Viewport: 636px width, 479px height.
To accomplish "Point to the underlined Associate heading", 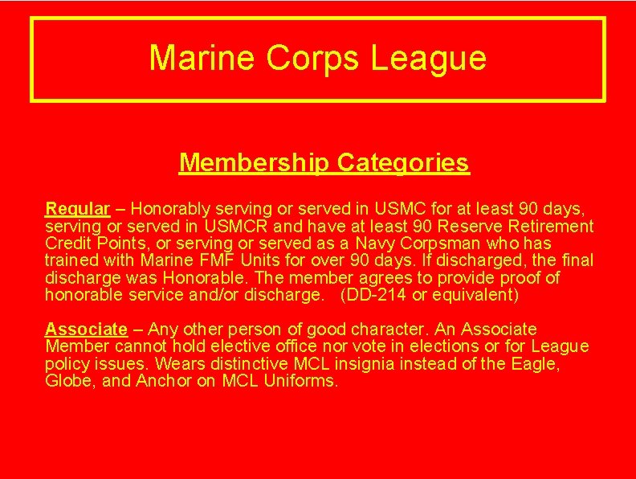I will pos(86,330).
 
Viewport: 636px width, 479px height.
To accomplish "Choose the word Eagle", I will pos(535,363).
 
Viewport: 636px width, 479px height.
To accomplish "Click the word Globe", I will pos(68,380).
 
